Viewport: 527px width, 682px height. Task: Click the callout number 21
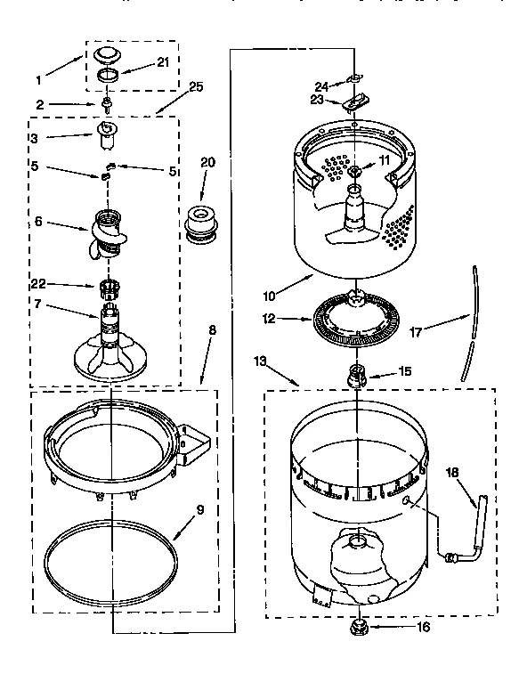(x=162, y=61)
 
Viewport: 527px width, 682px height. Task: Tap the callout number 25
(x=196, y=87)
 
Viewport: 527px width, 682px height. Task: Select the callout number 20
(x=208, y=162)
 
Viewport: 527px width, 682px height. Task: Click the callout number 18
(x=452, y=474)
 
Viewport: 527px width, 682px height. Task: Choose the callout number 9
(x=199, y=510)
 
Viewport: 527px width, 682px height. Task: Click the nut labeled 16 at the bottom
(x=360, y=626)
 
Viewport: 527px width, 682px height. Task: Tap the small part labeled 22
(x=107, y=287)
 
